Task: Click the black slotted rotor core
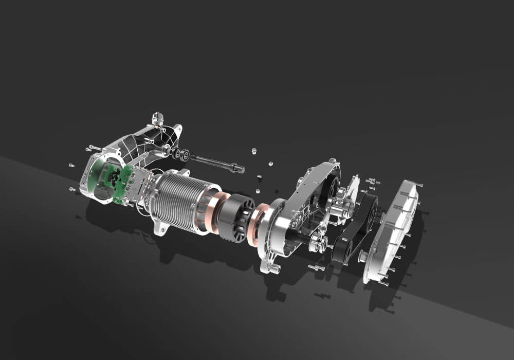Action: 236,216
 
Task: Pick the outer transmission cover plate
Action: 393,231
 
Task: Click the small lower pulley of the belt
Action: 342,252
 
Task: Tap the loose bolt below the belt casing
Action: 317,267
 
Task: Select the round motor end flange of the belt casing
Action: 275,226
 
